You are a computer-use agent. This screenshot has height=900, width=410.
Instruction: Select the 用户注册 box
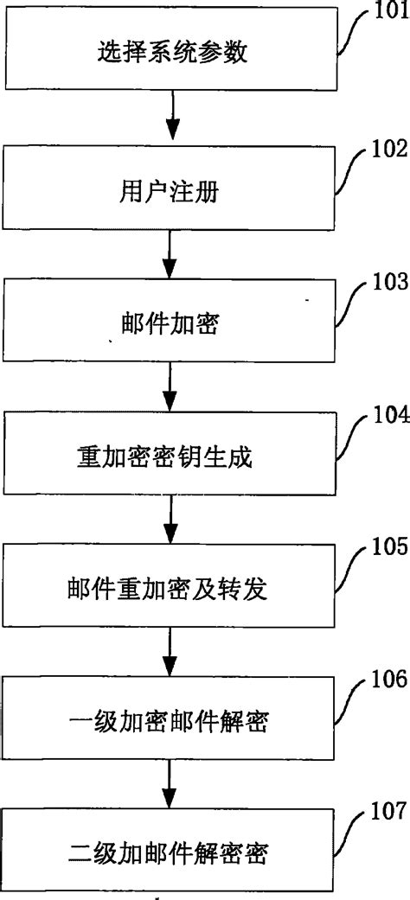tap(171, 189)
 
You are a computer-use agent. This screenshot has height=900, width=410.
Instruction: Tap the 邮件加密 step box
tap(171, 324)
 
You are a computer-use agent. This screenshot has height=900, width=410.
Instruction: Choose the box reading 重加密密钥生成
tap(171, 457)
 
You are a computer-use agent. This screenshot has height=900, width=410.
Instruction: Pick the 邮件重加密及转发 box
tap(171, 591)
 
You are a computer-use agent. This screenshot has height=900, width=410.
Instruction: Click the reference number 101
tap(389, 13)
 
